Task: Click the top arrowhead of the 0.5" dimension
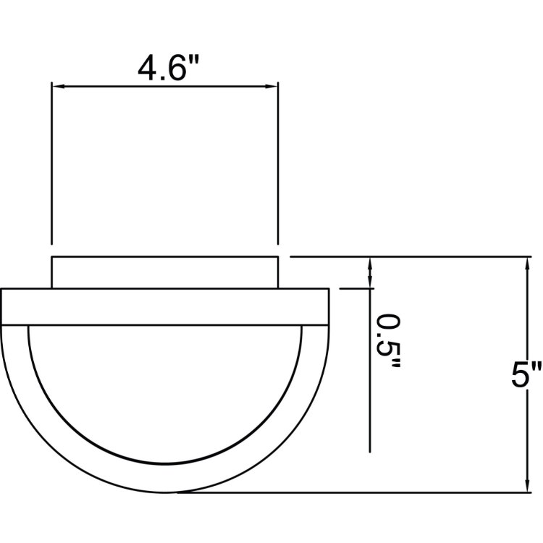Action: click(x=371, y=263)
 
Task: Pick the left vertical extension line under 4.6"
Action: click(x=51, y=167)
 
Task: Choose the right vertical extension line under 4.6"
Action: click(x=279, y=167)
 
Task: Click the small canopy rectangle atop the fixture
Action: click(x=164, y=272)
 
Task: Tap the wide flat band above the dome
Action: click(x=164, y=306)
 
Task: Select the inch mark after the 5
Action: click(x=536, y=366)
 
